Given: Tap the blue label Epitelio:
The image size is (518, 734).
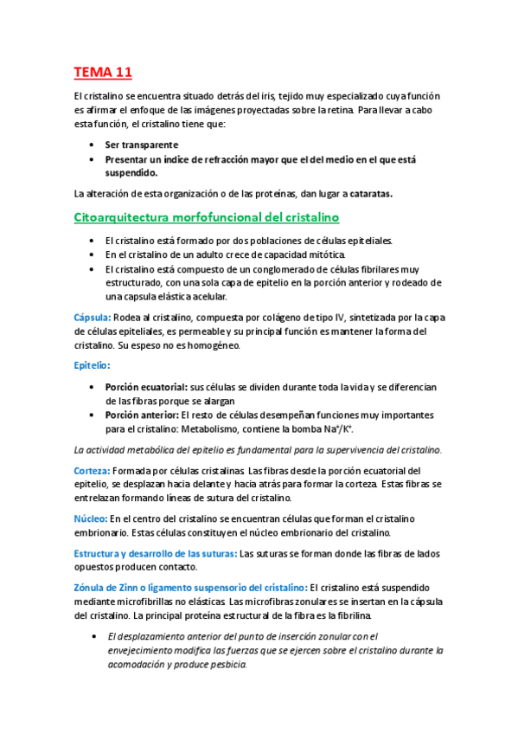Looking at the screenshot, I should coord(93,366).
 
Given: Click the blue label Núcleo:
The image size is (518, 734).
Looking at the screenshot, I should coord(91,518).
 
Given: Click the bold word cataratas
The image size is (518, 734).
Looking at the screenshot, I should coord(366,194).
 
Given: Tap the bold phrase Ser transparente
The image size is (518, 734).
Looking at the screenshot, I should coord(141,145).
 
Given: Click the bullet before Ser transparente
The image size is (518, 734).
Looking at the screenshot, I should coord(93,145).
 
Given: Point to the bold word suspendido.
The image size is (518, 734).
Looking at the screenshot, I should coord(133,173).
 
